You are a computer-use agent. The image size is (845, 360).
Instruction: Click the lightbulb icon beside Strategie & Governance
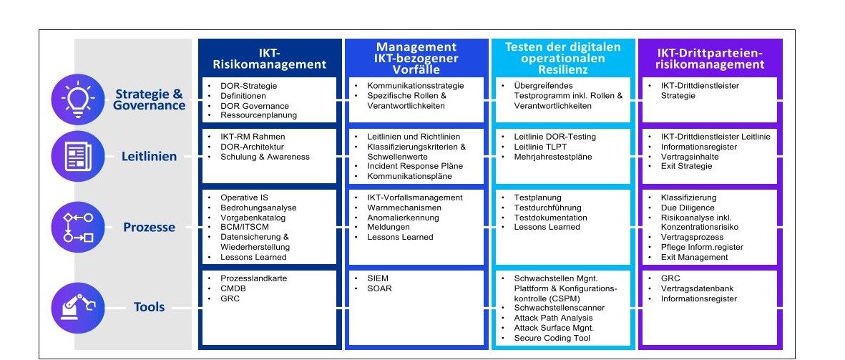coord(77,99)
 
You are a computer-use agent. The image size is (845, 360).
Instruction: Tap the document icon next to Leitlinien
coord(77,157)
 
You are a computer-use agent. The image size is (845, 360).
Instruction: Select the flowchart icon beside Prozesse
coord(77,227)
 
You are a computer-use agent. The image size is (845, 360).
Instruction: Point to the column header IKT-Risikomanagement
coord(270,59)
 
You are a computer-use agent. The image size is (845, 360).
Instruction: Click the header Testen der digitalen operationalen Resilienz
coord(562,58)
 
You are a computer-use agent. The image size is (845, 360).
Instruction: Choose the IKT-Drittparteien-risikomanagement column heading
coord(710,59)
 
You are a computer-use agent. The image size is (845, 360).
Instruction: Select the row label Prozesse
coord(149,228)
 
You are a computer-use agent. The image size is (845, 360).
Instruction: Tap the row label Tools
coord(149,307)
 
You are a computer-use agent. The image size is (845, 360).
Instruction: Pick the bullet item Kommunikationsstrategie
coord(416,86)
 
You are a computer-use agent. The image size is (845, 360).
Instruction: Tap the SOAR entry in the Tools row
coord(379,288)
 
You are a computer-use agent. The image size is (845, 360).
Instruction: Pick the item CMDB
coord(233,288)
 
